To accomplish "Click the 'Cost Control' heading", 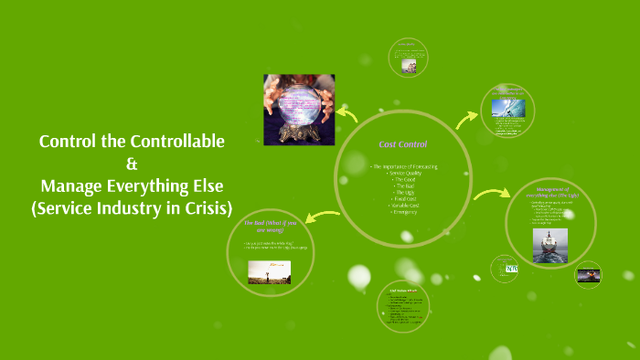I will (403, 144).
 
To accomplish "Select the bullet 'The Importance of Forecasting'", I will (404, 166).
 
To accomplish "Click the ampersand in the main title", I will (131, 164).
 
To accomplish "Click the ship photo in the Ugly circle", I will (549, 245).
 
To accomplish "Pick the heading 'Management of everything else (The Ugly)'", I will (550, 192).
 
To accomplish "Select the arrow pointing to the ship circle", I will (493, 195).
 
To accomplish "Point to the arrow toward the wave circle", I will (467, 118).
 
